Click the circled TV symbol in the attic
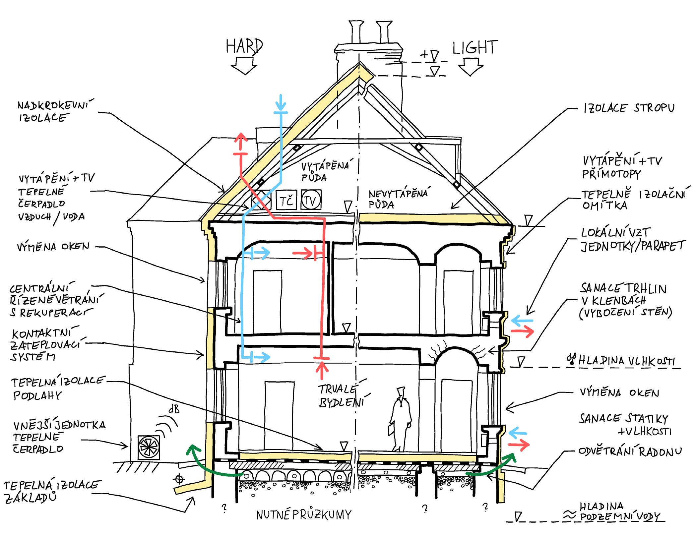tap(311, 200)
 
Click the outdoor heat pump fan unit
tap(149, 447)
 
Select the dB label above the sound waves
tap(174, 410)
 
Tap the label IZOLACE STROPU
tap(629, 108)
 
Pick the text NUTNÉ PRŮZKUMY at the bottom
tap(304, 514)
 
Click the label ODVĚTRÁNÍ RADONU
tap(630, 451)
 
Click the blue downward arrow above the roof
tap(281, 103)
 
